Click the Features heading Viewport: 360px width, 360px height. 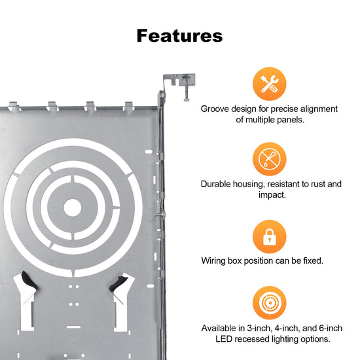tap(179, 36)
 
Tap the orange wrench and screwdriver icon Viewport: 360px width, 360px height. tap(269, 84)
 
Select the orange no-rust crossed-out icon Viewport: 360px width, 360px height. tap(269, 159)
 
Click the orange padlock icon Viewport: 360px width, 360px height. tap(269, 236)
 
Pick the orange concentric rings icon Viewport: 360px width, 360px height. tap(269, 303)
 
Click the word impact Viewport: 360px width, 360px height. tap(272, 195)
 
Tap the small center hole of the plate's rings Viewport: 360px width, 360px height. tap(72, 207)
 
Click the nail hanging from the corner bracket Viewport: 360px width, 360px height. tap(186, 91)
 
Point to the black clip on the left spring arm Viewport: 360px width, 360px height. tap(29, 281)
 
